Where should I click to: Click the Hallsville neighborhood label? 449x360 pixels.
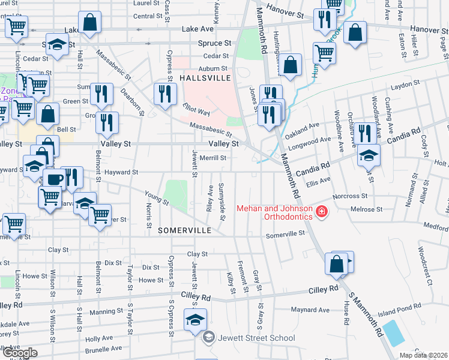[x=205, y=79]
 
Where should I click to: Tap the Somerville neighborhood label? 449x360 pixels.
[x=185, y=230]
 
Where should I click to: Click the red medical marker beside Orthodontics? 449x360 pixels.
[x=322, y=211]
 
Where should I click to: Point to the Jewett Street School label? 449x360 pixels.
[x=256, y=338]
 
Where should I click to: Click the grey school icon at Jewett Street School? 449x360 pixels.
[x=208, y=338]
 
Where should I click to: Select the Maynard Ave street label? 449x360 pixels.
[x=310, y=310]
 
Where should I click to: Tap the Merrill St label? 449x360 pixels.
[x=212, y=158]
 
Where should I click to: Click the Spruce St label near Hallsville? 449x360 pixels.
[x=214, y=44]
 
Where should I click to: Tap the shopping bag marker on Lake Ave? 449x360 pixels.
[x=89, y=22]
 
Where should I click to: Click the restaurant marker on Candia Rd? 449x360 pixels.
[x=364, y=133]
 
